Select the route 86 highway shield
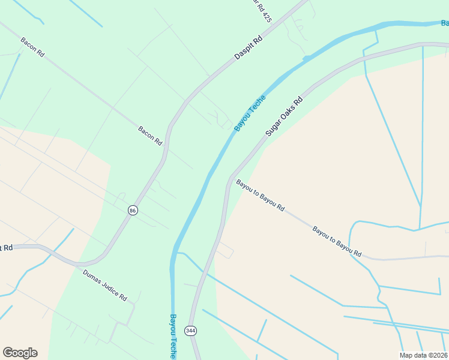tap(133, 210)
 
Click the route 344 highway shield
tap(190, 331)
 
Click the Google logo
tap(20, 353)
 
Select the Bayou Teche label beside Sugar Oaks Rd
tap(250, 113)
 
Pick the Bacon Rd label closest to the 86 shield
tap(150, 136)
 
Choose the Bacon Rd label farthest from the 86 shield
tap(32, 47)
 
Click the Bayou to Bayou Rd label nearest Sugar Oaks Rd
tap(260, 195)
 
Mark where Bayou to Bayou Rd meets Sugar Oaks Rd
tap(230, 178)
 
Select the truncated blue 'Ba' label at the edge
tap(444, 23)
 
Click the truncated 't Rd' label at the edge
tap(6, 247)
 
